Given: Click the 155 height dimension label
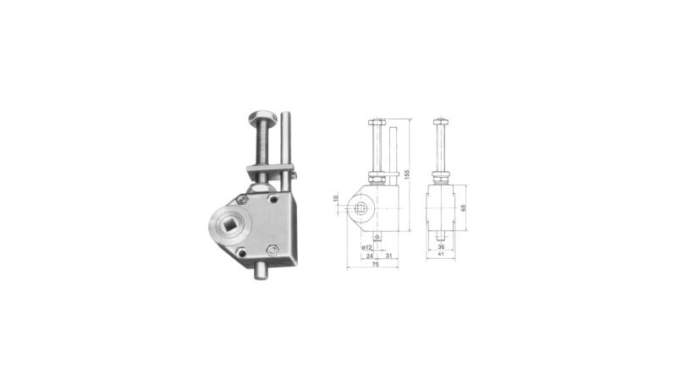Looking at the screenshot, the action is click(407, 174).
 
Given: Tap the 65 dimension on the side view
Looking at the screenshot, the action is click(463, 207).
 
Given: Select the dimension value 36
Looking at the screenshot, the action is click(441, 247).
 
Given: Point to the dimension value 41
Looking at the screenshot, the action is click(441, 255).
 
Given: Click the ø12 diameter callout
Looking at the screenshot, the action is click(366, 247).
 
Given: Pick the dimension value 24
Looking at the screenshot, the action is click(369, 256).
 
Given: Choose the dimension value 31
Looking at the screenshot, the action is click(388, 256).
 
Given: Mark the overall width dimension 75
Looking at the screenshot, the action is click(375, 265).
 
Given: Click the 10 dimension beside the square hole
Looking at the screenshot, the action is click(336, 198).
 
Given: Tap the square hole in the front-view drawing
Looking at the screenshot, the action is click(361, 209).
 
